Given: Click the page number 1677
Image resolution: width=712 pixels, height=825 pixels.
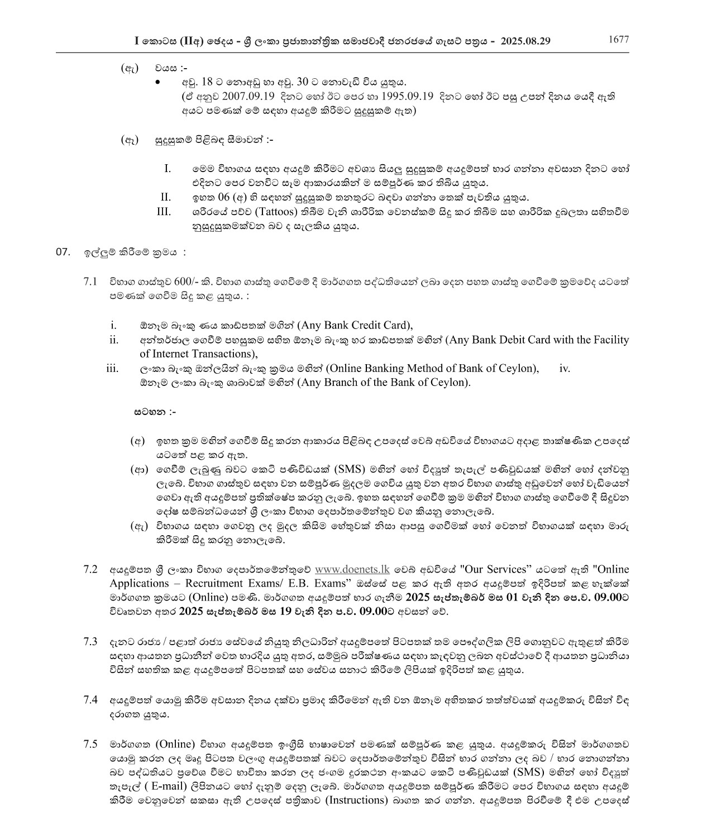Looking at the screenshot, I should click(x=618, y=40).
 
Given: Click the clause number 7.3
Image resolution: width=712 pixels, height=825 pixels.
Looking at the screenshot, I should click(x=90, y=641).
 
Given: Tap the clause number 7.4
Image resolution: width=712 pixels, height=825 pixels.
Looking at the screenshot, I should click(x=90, y=700).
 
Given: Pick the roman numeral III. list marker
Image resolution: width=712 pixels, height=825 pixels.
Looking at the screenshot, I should click(x=164, y=212).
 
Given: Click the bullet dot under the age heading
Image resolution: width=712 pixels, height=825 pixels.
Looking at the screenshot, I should click(x=159, y=83).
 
